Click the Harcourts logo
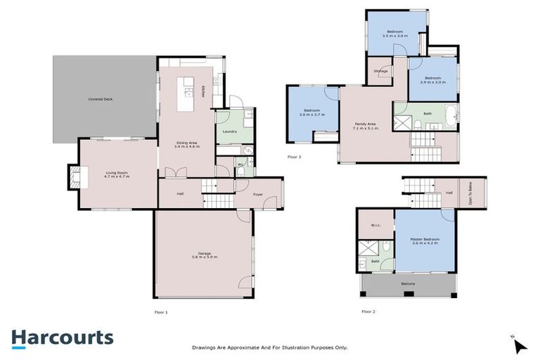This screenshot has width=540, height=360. tap(62, 337)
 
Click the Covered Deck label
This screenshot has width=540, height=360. tap(101, 100)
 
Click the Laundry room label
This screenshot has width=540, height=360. tap(229, 131)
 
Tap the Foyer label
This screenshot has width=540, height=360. tap(258, 188)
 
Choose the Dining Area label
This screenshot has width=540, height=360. tap(186, 143)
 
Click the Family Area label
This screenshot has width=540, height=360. tap(365, 124)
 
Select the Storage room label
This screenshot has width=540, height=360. tap(380, 71)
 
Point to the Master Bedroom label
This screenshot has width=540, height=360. tap(425, 239)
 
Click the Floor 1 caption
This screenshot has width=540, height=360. tap(161, 311)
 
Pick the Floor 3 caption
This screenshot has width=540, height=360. tap(294, 157)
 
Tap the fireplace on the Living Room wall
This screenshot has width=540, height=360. tap(73, 176)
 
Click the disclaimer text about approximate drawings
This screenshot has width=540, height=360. tap(270, 347)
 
